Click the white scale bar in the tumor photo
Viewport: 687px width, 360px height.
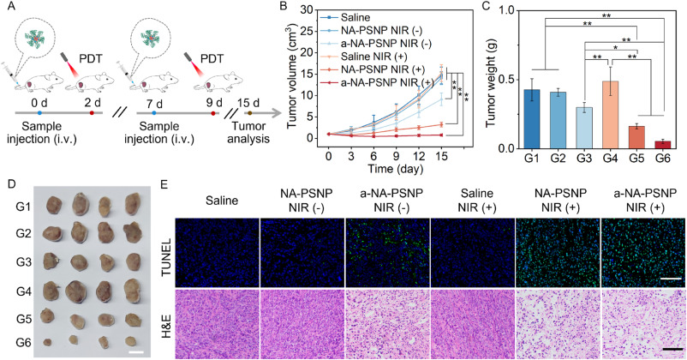(x=134, y=349)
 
